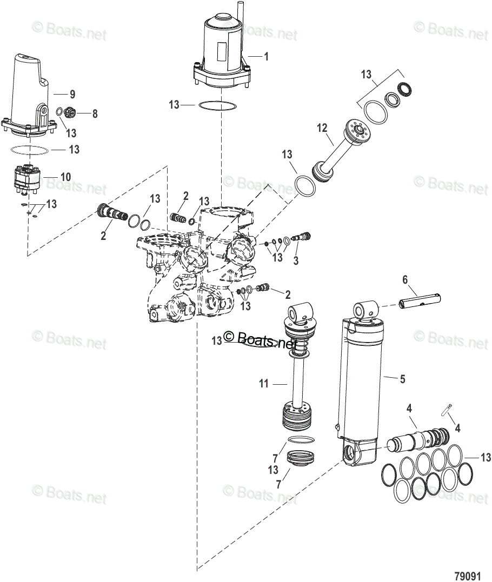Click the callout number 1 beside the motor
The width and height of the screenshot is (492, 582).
pos(265,56)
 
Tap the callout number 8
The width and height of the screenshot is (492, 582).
pos(95,113)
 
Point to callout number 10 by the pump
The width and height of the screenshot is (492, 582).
pos(65,177)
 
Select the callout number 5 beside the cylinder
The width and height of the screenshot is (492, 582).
pos(402,379)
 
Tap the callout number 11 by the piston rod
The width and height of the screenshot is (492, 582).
pos(264,384)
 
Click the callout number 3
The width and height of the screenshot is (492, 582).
pos(296,262)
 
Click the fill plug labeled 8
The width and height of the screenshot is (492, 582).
pos(69,113)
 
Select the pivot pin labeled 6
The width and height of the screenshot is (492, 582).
pos(421,299)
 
